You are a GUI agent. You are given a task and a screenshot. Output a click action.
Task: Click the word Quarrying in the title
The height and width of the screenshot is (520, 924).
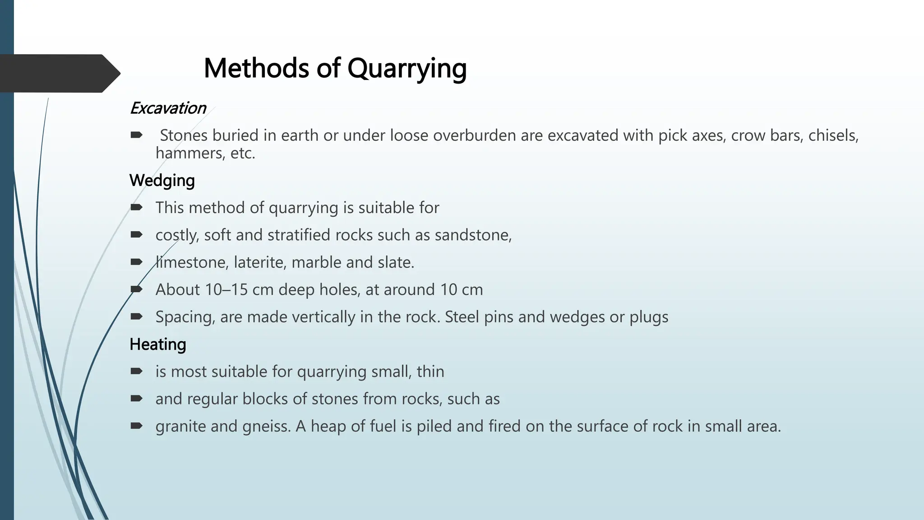407,69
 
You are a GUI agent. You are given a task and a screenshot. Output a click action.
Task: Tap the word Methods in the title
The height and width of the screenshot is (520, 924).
257,69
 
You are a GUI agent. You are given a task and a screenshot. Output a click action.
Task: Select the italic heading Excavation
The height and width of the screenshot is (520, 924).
167,108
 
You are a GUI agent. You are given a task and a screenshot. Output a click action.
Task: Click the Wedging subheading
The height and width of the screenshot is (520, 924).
162,181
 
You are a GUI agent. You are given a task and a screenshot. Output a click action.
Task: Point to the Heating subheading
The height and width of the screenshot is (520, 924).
157,344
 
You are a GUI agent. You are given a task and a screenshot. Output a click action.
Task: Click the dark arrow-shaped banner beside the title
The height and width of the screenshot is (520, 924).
59,73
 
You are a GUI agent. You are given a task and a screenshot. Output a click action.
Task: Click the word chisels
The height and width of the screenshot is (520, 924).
833,135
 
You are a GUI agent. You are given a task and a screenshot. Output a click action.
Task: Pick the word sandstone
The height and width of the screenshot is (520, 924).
472,235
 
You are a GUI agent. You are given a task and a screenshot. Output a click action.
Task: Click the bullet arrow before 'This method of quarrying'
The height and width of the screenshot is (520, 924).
136,207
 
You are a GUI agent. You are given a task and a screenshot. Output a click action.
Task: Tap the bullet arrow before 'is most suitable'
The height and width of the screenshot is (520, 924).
136,371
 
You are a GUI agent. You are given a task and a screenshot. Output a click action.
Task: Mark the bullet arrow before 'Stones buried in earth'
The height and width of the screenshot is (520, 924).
136,135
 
